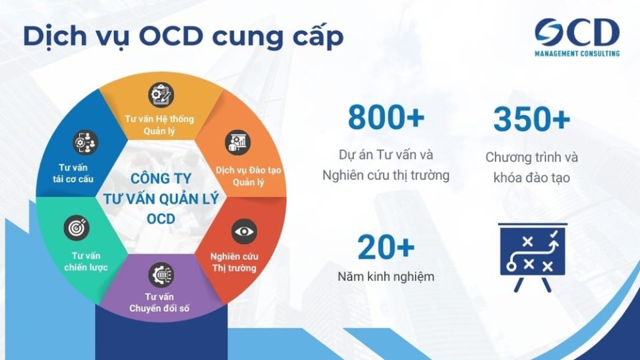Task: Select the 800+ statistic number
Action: click(386, 118)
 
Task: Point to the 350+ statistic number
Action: click(531, 119)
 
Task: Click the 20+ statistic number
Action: click(386, 247)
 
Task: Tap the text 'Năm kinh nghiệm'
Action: click(386, 276)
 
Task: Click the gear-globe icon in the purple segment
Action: click(159, 273)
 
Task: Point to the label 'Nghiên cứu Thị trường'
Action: click(234, 262)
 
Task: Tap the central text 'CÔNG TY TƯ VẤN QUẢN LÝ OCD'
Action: click(161, 198)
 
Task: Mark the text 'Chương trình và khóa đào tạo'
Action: click(531, 168)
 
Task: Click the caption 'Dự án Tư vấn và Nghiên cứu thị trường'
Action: click(386, 165)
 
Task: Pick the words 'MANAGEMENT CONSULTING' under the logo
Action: click(577, 53)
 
